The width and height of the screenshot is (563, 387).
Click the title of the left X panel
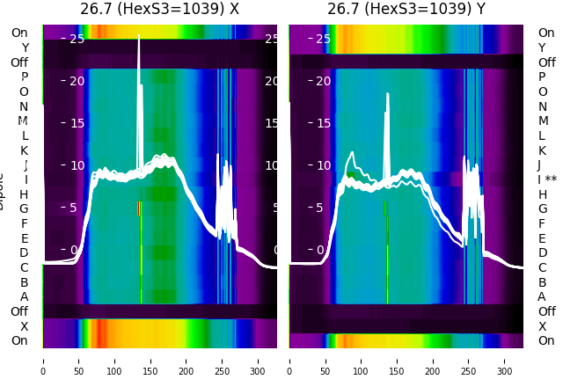[x=159, y=10]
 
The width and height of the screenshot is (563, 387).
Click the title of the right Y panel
[x=406, y=10]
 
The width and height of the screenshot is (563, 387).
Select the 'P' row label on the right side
[x=542, y=77]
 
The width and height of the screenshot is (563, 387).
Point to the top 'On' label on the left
[x=19, y=33]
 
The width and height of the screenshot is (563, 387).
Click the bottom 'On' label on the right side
[x=546, y=340]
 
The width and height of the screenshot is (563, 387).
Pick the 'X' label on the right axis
[x=542, y=326]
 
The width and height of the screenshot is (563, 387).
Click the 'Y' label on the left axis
[x=25, y=47]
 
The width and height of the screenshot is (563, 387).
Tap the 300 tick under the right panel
[x=505, y=361]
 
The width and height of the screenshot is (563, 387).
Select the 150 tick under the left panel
[x=150, y=361]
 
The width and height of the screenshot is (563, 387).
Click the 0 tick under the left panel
[x=43, y=361]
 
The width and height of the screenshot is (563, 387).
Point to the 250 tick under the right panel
[x=469, y=361]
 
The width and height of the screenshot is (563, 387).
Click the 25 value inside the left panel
[x=77, y=39]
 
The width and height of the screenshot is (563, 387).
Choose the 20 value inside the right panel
[x=324, y=81]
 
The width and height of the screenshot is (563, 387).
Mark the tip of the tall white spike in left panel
[x=139, y=37]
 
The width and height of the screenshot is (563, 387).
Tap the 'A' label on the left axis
[x=25, y=297]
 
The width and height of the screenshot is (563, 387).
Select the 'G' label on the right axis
[x=542, y=209]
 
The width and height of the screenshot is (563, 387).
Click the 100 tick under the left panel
[x=114, y=361]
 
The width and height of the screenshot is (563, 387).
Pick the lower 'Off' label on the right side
[x=546, y=311]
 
